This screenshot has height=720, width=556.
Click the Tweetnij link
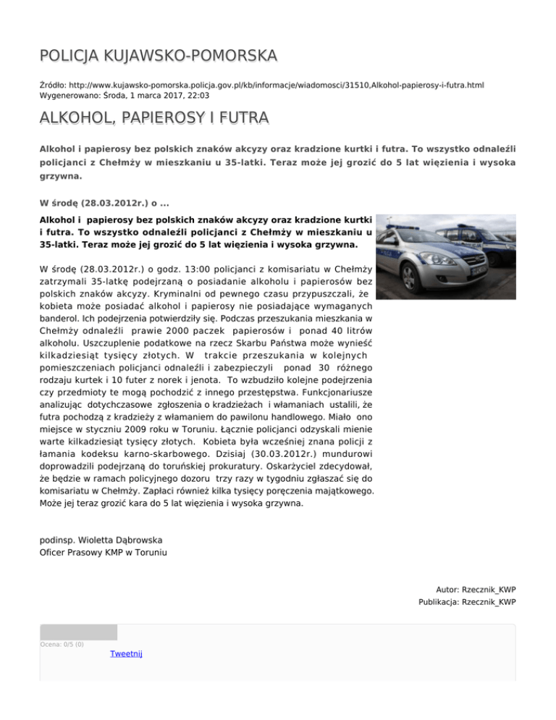point(126,654)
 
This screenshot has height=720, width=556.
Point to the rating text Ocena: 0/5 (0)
point(62,644)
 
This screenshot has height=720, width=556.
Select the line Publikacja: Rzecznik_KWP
point(466,602)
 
